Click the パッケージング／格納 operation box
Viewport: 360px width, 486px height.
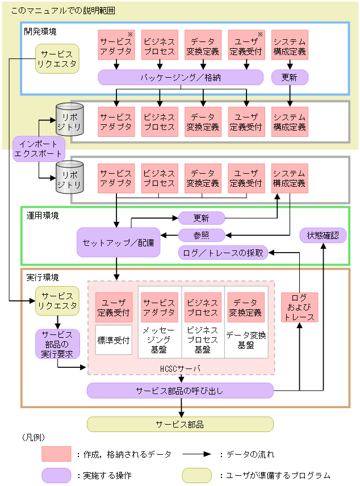click(181, 77)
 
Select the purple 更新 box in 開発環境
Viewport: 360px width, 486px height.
click(289, 77)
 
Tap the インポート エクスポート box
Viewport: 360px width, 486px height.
click(39, 149)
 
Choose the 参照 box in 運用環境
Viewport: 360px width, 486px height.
click(202, 235)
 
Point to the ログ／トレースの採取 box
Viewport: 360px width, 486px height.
click(223, 253)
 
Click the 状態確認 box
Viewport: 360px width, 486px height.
click(323, 235)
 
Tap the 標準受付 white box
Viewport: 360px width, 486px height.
click(114, 340)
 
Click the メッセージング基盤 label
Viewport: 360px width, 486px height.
click(160, 340)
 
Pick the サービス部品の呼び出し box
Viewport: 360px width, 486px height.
click(180, 391)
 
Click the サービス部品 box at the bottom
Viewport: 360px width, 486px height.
click(180, 424)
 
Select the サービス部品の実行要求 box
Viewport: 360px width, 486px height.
click(57, 344)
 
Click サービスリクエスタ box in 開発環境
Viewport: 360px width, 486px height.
click(57, 58)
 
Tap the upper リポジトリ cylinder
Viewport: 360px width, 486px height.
click(69, 121)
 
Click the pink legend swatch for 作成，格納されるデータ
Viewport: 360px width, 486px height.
click(56, 454)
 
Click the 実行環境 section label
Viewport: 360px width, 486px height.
click(43, 278)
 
